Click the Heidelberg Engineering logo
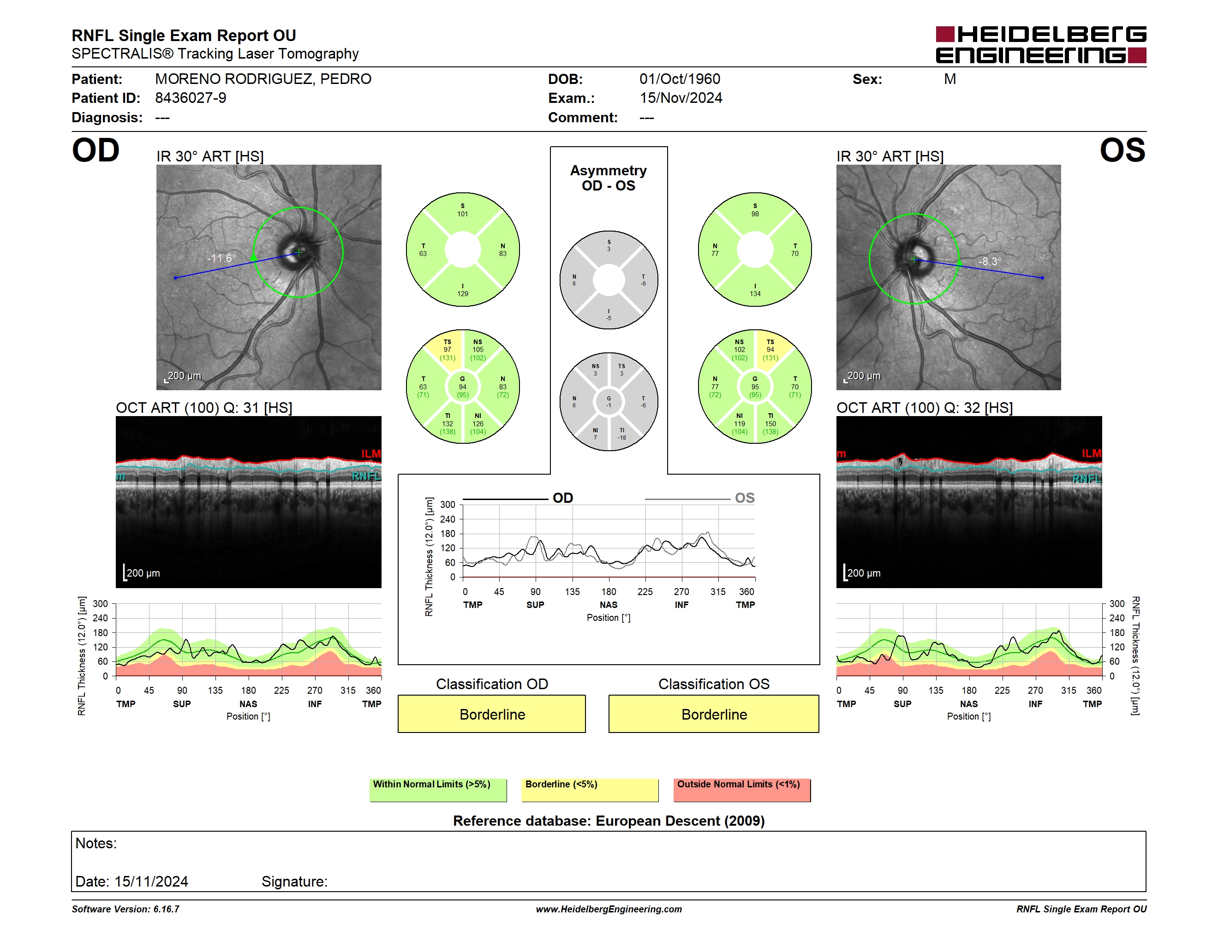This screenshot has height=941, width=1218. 1041,45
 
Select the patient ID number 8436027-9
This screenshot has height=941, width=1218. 191,98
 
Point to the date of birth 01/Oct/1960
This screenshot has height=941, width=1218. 680,79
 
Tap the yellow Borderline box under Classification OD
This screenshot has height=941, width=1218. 492,714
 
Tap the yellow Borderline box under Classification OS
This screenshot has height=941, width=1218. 714,714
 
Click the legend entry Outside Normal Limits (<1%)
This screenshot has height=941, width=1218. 742,790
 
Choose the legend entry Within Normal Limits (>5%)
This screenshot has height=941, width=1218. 438,790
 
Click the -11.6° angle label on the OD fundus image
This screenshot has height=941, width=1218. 221,258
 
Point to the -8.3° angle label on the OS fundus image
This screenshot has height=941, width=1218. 990,262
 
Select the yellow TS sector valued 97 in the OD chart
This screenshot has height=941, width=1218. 447,350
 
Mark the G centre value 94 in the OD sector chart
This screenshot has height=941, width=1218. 462,387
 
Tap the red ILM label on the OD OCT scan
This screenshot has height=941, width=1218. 371,454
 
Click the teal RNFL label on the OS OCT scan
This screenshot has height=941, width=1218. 1087,479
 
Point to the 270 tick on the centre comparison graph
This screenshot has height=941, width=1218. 681,591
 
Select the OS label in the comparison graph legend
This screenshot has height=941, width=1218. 745,498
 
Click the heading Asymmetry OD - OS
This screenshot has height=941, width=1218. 609,178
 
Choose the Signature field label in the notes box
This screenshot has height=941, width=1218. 294,881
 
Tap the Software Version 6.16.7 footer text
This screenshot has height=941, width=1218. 125,909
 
